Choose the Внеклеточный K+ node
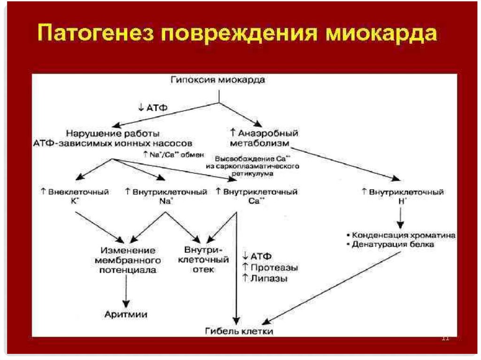coord(75,196)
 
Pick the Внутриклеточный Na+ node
coord(167,196)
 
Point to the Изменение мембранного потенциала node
coord(127,260)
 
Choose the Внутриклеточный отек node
coord(203,259)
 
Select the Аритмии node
coord(126,314)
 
